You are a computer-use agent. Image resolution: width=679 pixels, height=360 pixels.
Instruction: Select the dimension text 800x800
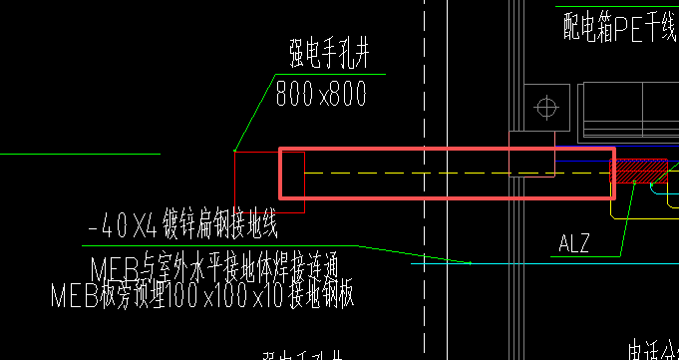(322, 94)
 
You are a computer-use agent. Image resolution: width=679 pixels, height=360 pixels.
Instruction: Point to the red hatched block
(639, 171)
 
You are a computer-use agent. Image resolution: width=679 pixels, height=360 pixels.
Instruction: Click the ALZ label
(575, 242)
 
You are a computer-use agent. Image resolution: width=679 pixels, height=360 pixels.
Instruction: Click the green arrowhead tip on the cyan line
(470, 263)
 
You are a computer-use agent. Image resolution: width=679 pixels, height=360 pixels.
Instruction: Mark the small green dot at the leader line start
(234, 151)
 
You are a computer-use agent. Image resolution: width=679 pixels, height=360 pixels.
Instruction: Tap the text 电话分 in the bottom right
(653, 350)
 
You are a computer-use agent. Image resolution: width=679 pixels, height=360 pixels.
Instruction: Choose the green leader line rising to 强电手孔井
(253, 112)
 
